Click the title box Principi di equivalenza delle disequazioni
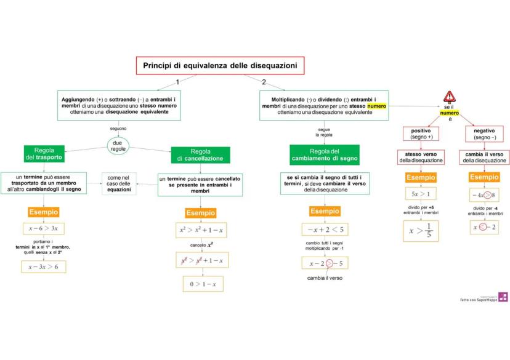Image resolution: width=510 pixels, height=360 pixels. click(220, 65)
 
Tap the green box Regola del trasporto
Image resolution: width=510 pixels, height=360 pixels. click(44, 154)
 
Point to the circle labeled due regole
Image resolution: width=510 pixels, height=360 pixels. click(118, 146)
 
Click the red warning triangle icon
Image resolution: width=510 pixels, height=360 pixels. click(450, 97)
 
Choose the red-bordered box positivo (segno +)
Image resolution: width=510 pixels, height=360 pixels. click(421, 134)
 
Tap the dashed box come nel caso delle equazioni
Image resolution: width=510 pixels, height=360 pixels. click(119, 183)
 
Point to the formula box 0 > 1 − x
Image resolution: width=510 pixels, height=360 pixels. click(203, 284)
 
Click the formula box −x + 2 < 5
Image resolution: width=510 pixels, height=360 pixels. click(325, 230)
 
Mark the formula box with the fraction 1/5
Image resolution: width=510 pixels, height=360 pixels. click(421, 231)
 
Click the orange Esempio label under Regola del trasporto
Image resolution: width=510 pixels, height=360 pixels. click(43, 212)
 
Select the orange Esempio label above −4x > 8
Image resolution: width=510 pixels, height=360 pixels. click(484, 177)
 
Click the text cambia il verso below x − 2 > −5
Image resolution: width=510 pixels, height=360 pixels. click(325, 278)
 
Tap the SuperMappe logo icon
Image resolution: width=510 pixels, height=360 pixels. click(503, 297)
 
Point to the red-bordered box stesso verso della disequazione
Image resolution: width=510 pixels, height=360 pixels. click(421, 157)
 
